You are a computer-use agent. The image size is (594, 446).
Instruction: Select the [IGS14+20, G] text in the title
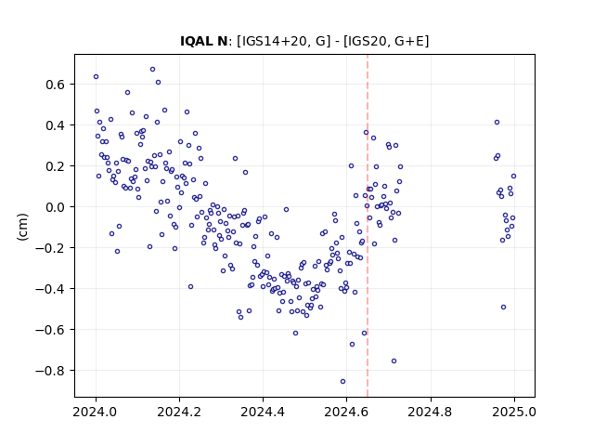click(x=281, y=41)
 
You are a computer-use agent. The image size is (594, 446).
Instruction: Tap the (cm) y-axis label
click(x=22, y=227)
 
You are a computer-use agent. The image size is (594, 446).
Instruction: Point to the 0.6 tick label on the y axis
click(x=56, y=85)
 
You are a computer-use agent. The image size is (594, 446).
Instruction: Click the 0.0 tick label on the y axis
click(x=56, y=207)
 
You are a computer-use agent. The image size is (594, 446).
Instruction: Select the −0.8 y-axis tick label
click(x=50, y=371)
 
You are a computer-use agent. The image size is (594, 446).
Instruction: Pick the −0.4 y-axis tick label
click(x=50, y=289)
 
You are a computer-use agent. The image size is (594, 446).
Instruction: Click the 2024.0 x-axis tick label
click(x=96, y=412)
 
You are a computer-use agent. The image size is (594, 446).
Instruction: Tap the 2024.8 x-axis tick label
click(x=431, y=412)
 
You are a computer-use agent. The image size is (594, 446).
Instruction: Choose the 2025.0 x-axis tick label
click(x=514, y=412)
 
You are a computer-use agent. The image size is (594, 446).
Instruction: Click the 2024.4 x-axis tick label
click(x=263, y=412)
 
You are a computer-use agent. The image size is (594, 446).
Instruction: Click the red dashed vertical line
click(x=368, y=226)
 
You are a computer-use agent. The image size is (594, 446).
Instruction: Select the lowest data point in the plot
click(x=342, y=382)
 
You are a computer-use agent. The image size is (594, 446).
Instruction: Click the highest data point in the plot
click(x=152, y=70)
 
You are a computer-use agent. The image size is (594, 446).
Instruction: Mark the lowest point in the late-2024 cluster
click(x=503, y=308)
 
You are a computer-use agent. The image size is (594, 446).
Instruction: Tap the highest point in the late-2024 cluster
click(x=497, y=122)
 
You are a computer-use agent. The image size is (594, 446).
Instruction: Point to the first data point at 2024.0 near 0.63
click(x=97, y=76)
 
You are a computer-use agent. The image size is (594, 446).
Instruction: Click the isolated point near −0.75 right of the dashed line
click(x=394, y=361)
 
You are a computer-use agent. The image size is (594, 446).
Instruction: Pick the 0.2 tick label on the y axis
click(x=56, y=166)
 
